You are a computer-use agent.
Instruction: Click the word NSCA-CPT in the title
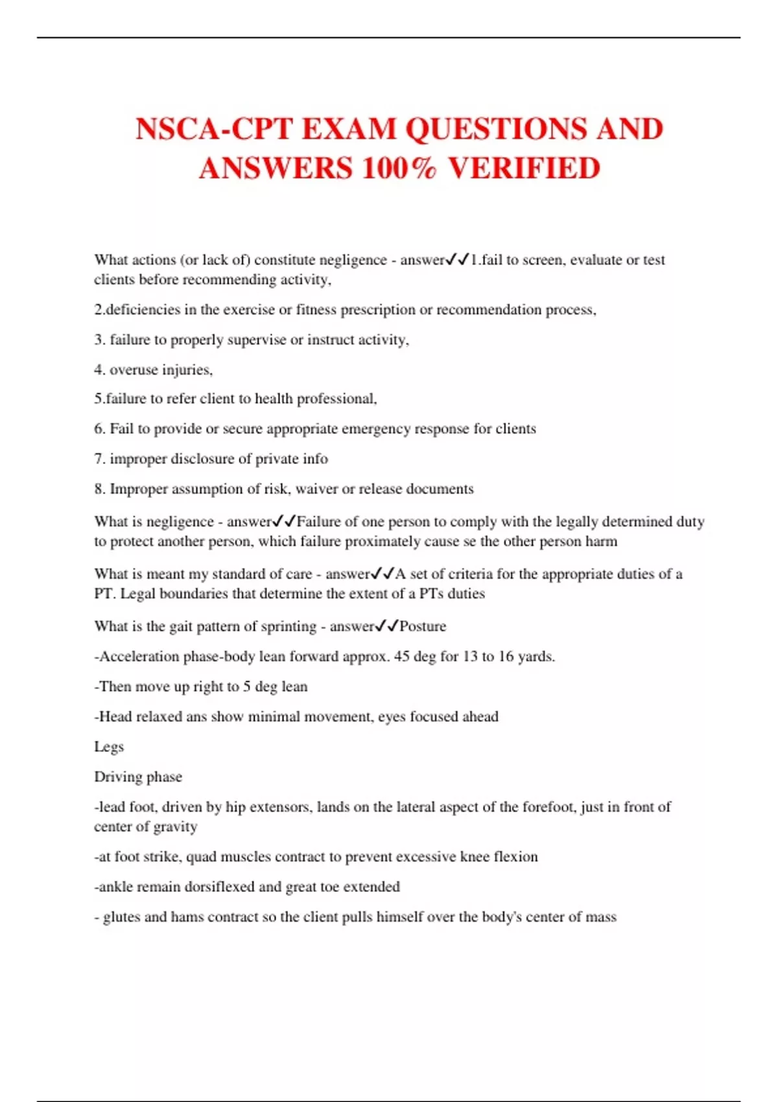[215, 129]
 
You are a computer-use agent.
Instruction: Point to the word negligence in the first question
[353, 260]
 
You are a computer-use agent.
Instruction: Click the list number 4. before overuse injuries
[99, 369]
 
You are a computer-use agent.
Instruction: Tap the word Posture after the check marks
[423, 626]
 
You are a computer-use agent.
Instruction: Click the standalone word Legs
[109, 747]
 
